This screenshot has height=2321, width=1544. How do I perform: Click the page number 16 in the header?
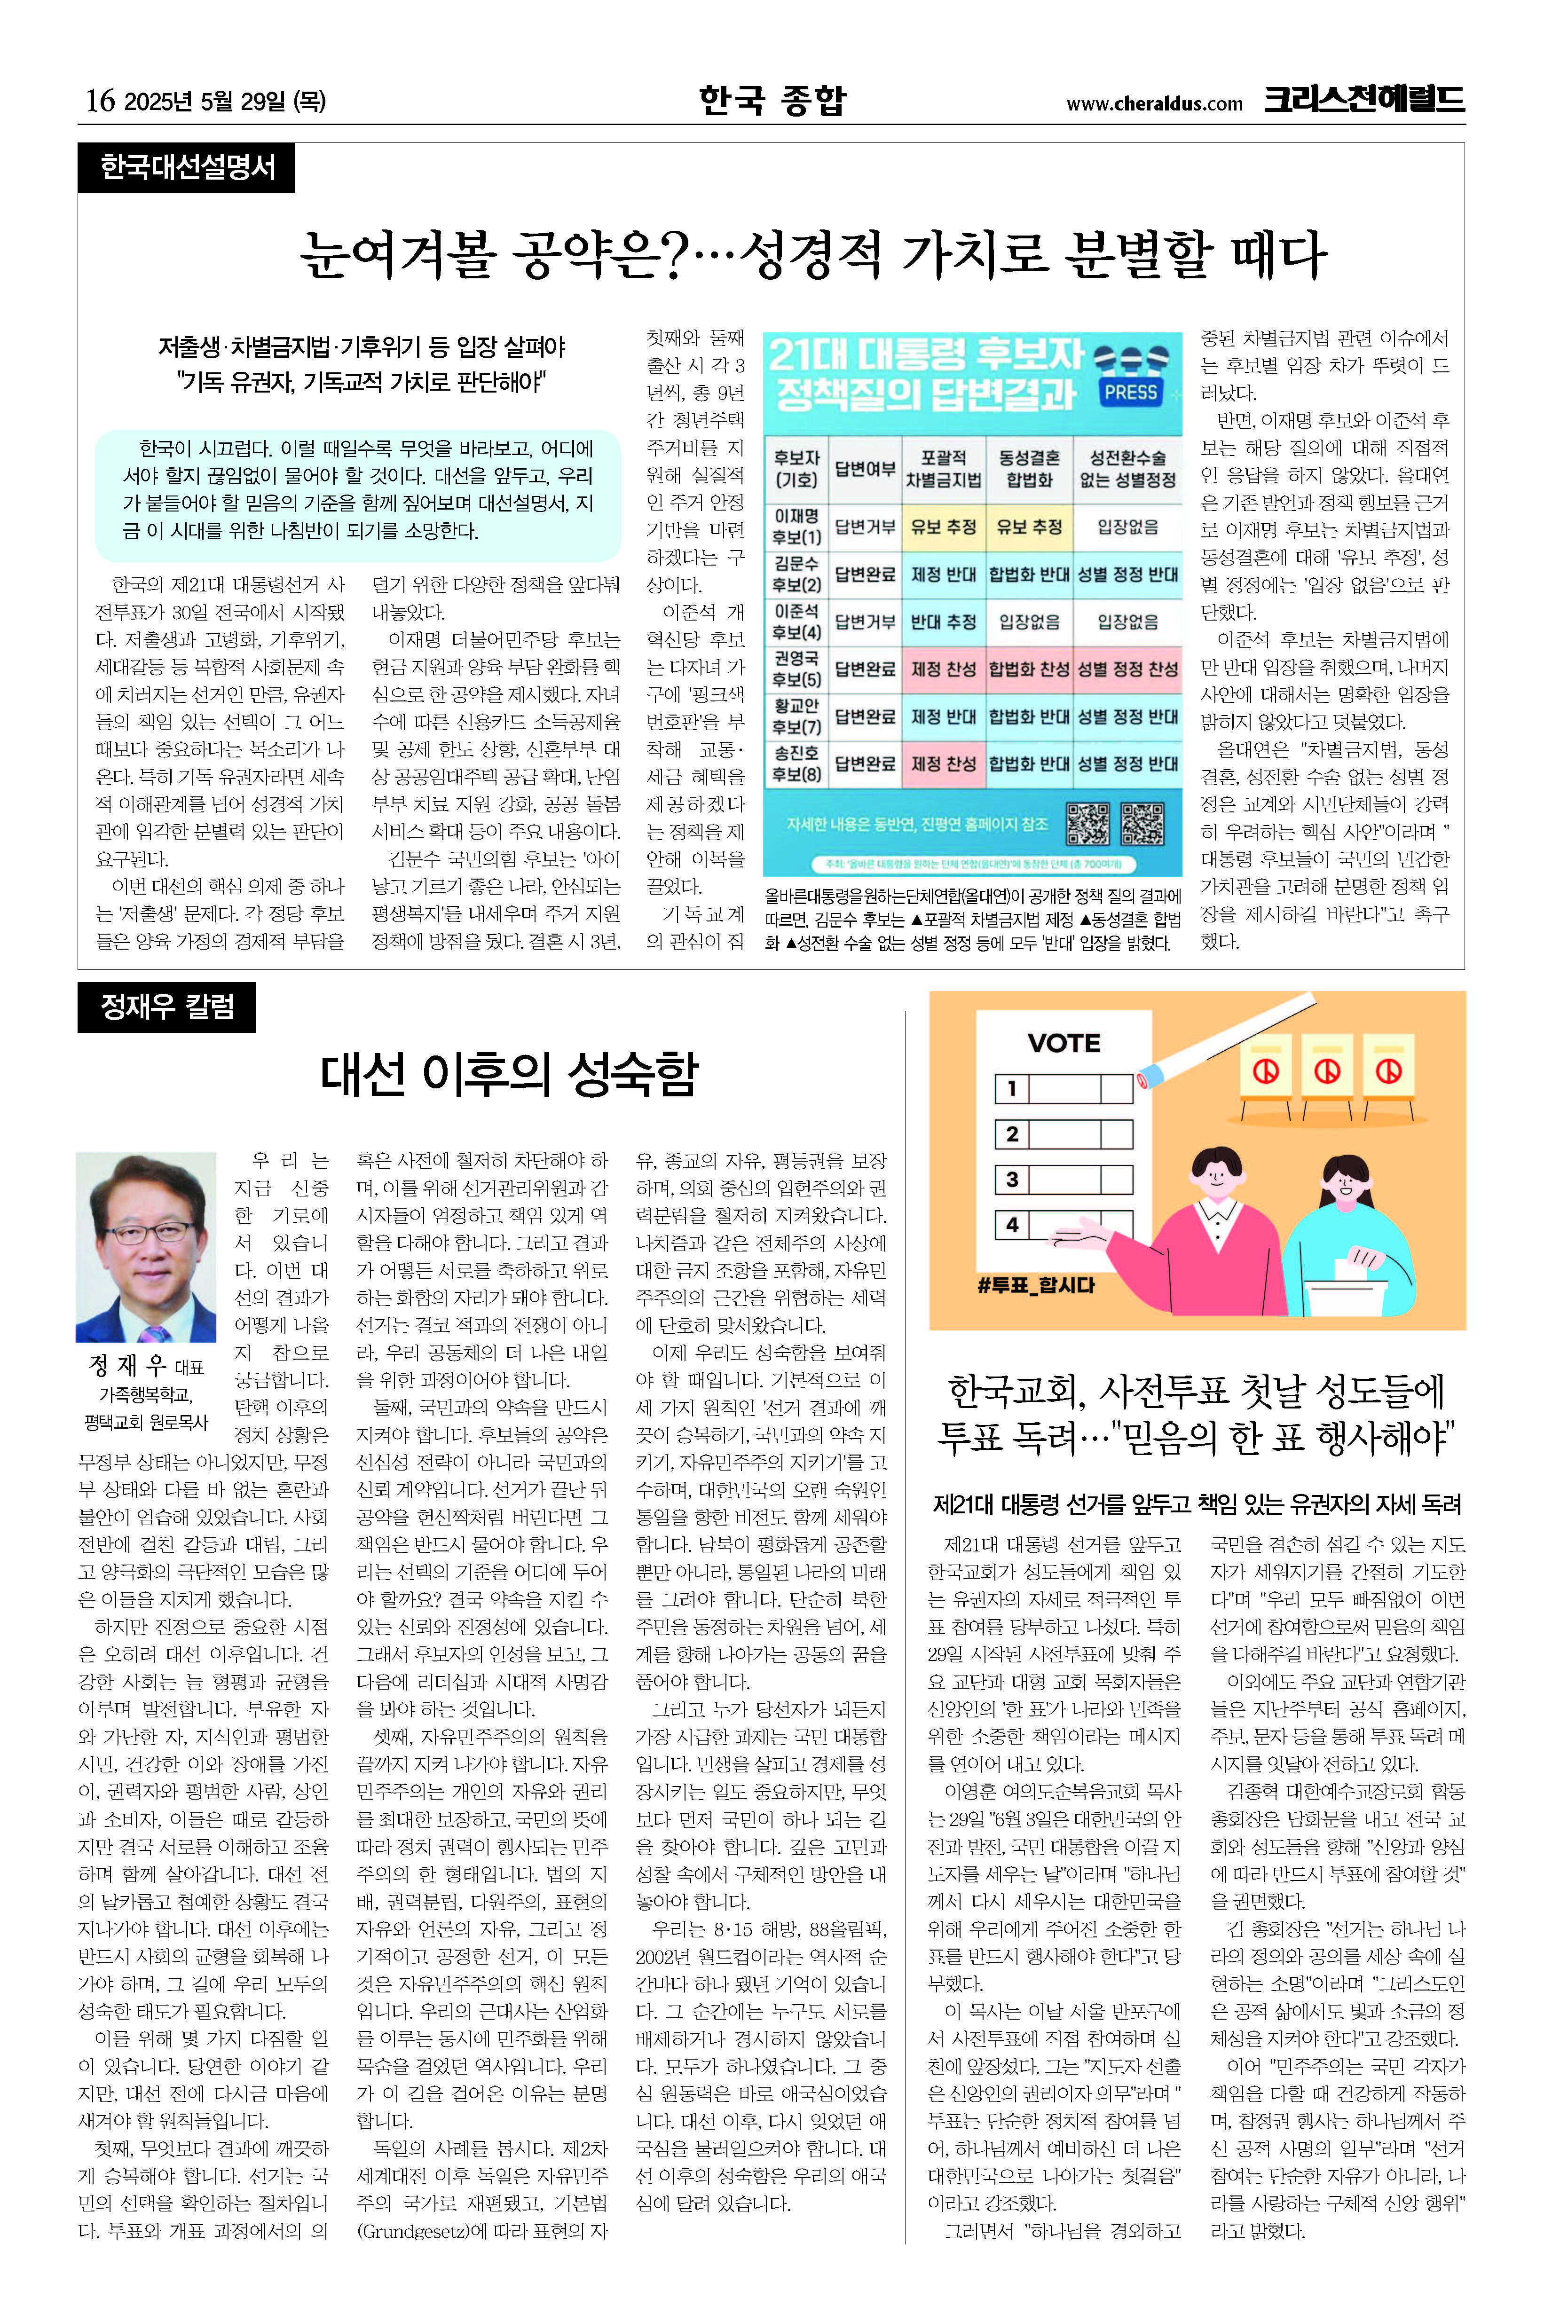coord(100,101)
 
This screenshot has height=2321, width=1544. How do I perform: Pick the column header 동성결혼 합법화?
coord(1029,469)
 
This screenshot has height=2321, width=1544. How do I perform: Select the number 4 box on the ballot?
coord(1011,1226)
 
